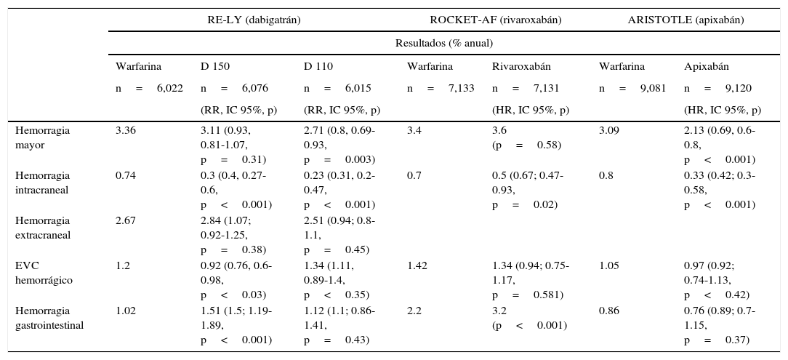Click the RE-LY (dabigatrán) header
[x=254, y=20]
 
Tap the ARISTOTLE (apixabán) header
[x=686, y=20]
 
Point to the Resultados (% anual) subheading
[x=443, y=43]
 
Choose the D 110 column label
[x=318, y=67]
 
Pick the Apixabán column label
[x=707, y=67]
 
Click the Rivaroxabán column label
[x=520, y=67]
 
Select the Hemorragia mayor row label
[x=42, y=137]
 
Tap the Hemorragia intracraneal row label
[x=42, y=182]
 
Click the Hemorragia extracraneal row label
[x=42, y=227]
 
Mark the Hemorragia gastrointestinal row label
[x=49, y=317]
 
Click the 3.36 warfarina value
[x=125, y=131]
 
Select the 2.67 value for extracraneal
[x=125, y=221]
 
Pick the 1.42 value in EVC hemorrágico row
[x=417, y=266]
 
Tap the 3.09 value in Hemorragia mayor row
[x=609, y=131]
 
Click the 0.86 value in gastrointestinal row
[x=609, y=311]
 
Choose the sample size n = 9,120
[x=717, y=89]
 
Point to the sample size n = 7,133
[x=441, y=89]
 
